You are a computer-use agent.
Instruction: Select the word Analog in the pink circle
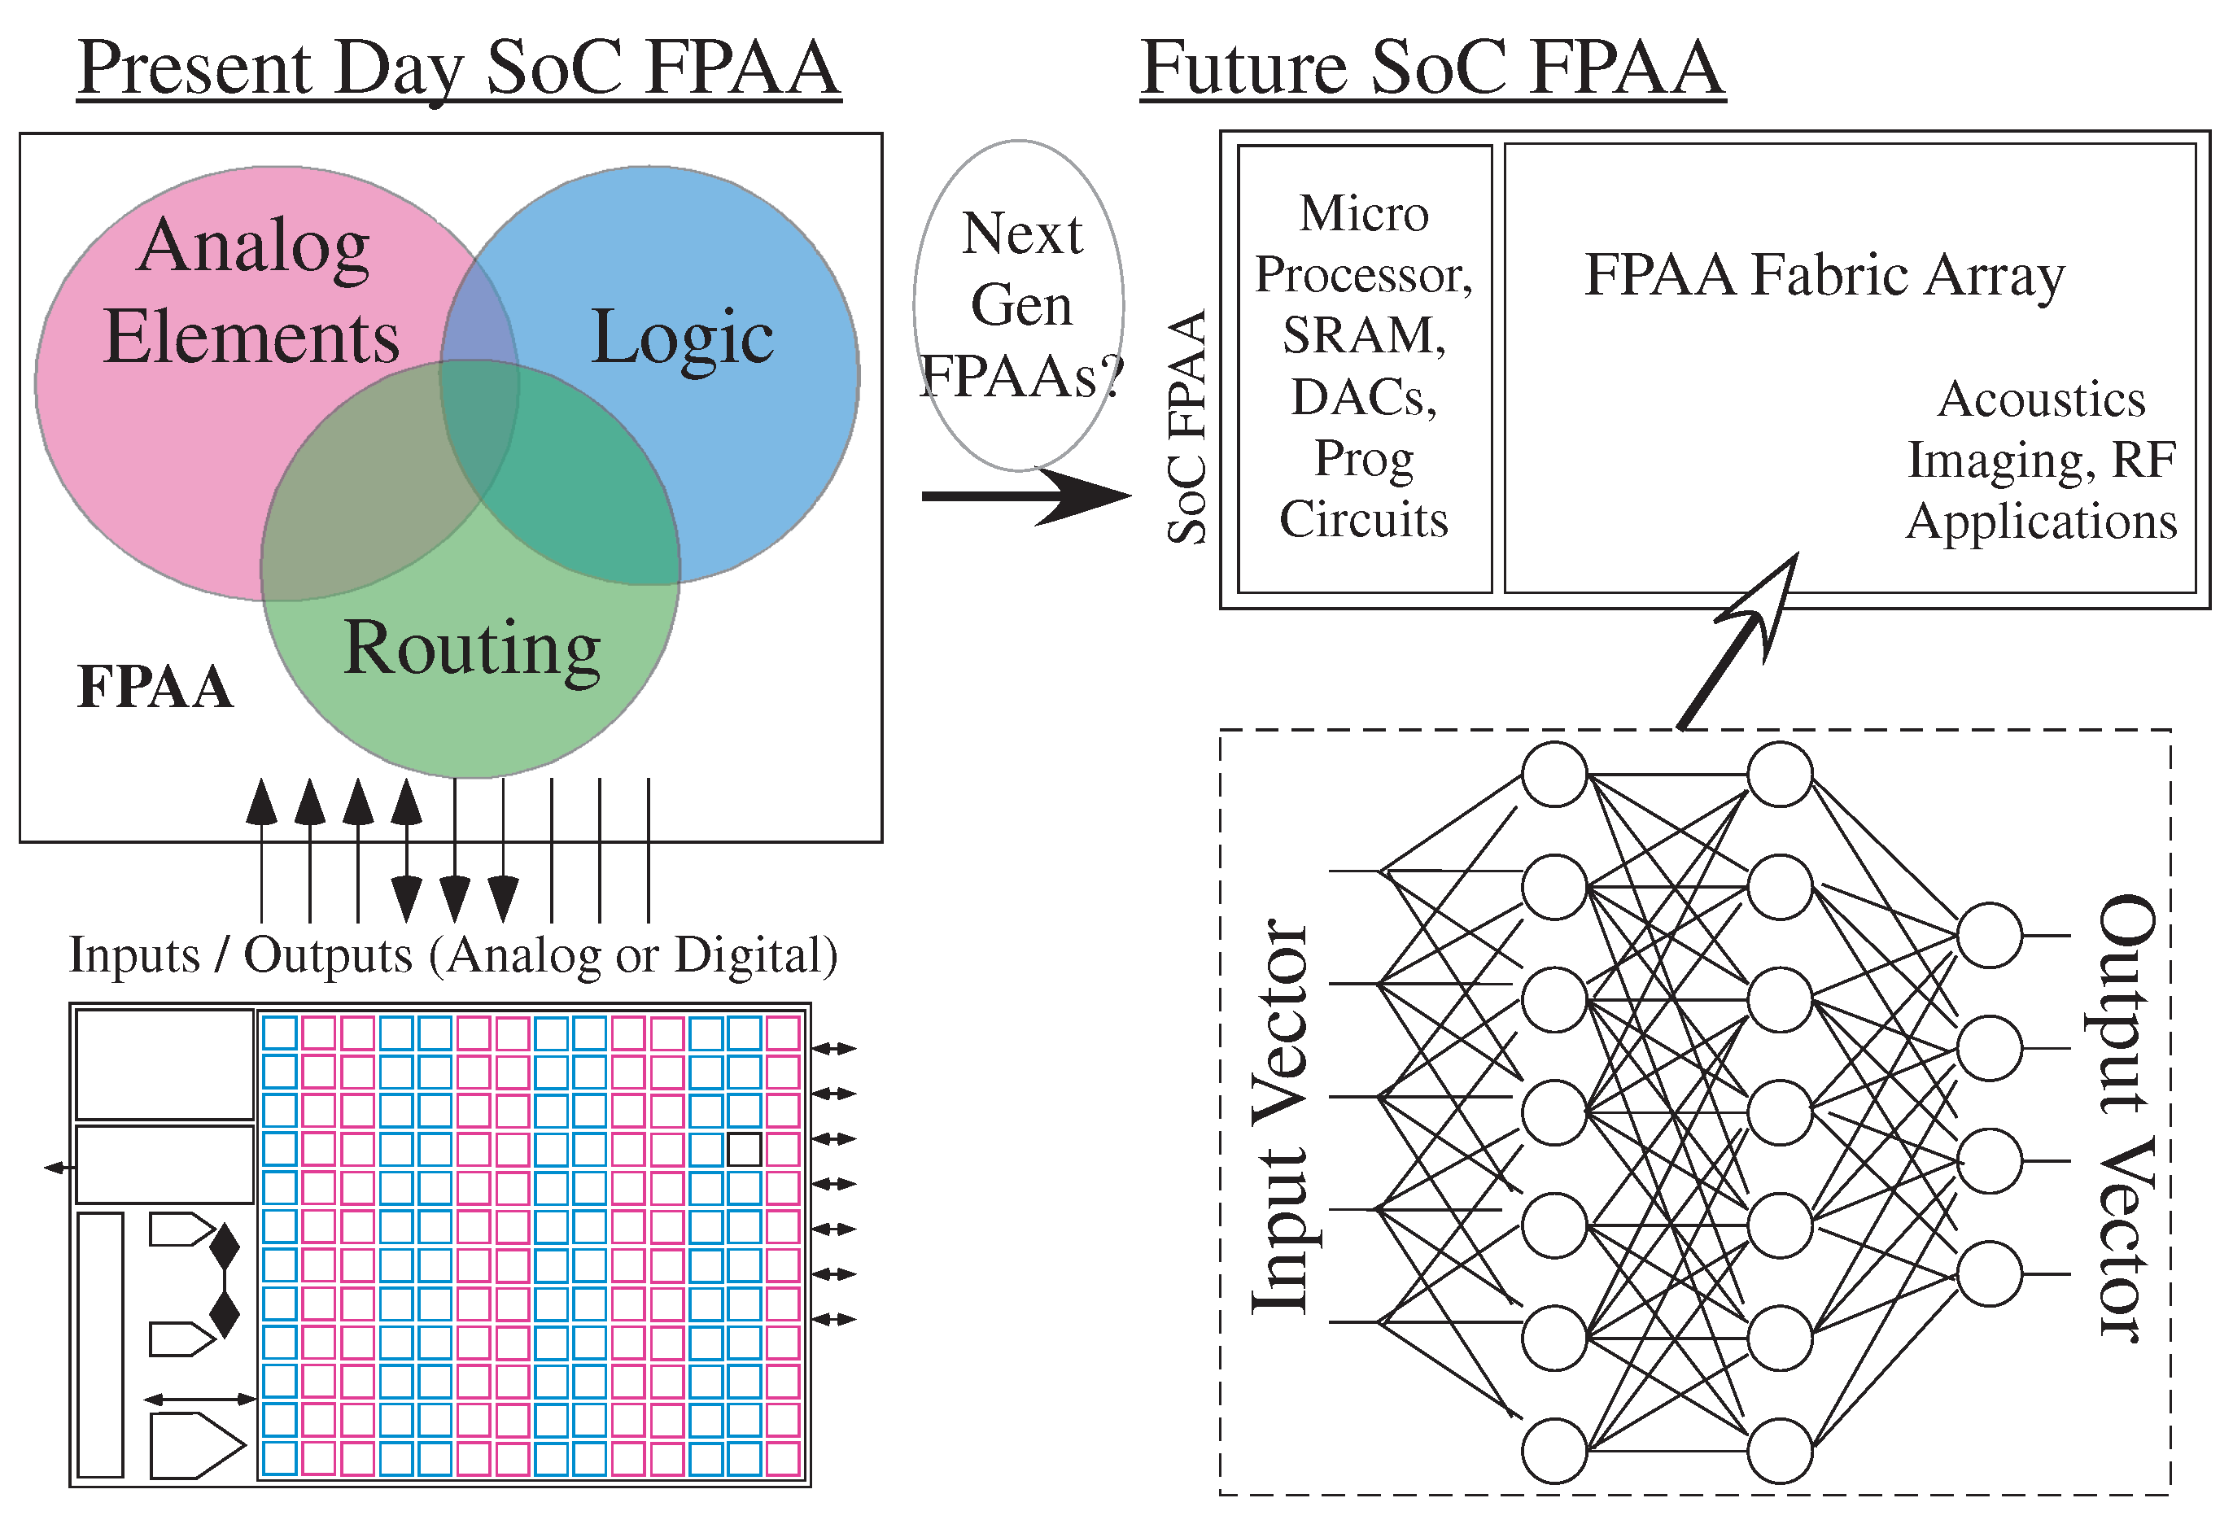pyautogui.click(x=253, y=246)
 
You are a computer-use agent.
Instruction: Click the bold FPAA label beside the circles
pyautogui.click(x=155, y=687)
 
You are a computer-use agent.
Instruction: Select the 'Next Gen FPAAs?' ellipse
pyautogui.click(x=1020, y=304)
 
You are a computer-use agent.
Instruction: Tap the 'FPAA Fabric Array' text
pyautogui.click(x=1824, y=275)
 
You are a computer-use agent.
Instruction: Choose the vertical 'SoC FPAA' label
pyautogui.click(x=1187, y=427)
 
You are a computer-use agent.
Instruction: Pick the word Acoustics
pyautogui.click(x=2041, y=399)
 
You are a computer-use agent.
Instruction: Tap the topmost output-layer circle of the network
pyautogui.click(x=1989, y=935)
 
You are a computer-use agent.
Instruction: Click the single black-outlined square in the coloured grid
pyautogui.click(x=744, y=1149)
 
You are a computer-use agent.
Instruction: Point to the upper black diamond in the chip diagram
pyautogui.click(x=225, y=1247)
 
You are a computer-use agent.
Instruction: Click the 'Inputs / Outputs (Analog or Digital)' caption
pyautogui.click(x=452, y=956)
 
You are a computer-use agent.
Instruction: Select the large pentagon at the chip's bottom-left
pyautogui.click(x=196, y=1444)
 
